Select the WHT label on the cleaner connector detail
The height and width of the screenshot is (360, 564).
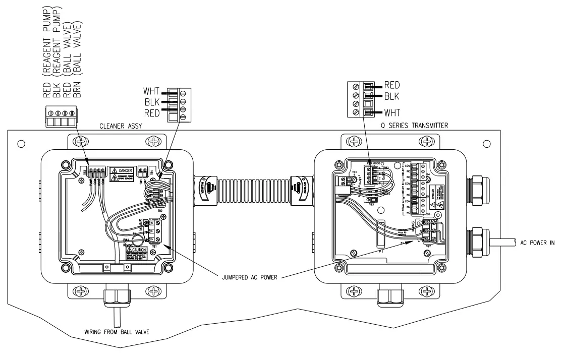pyautogui.click(x=151, y=91)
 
